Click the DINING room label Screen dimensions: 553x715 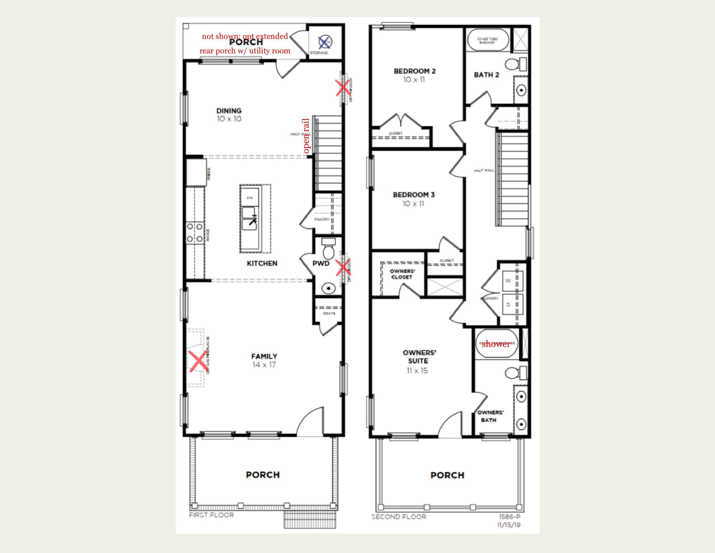coord(229,111)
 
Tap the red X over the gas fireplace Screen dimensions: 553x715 coord(198,361)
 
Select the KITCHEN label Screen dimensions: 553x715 coord(262,263)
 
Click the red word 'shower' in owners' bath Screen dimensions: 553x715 coord(496,344)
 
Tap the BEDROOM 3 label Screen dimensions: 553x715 coord(414,195)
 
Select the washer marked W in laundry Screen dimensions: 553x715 coord(508,281)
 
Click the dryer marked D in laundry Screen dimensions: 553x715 coord(508,305)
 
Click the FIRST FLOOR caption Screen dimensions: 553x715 coord(211,515)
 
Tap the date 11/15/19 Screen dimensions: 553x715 coord(509,525)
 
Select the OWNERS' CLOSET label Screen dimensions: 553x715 coord(402,274)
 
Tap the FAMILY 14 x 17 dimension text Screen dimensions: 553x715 coord(264,365)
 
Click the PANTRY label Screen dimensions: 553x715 coord(322,219)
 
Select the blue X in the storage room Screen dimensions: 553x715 coord(324,42)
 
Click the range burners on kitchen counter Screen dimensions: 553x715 coord(195,233)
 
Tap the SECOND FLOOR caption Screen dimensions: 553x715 coord(399,517)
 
